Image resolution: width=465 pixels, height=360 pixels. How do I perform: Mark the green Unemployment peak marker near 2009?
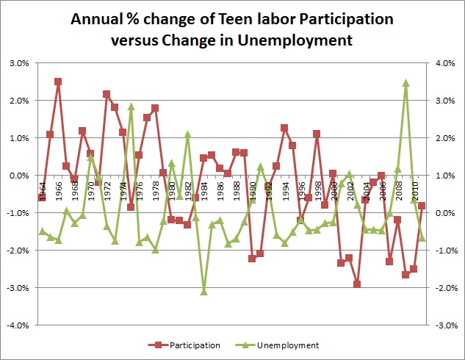(x=405, y=83)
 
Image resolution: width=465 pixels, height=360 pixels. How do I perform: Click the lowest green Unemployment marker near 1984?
(x=203, y=292)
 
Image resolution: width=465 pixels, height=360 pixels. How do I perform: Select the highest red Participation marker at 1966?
(x=58, y=82)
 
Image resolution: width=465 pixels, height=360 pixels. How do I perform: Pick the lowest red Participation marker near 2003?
(x=357, y=284)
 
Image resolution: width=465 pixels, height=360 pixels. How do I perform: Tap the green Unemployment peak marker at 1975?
(x=131, y=107)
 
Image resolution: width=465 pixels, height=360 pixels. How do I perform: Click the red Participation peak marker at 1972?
(x=107, y=94)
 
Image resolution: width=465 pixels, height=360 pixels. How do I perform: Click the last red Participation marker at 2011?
(x=422, y=206)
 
